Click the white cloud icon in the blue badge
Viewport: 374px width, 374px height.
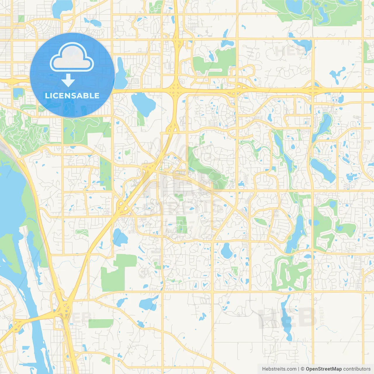click(x=72, y=58)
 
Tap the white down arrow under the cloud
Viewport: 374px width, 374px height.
click(x=68, y=80)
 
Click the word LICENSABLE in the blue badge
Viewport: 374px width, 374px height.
click(x=72, y=96)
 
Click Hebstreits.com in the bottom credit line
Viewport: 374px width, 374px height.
click(x=279, y=369)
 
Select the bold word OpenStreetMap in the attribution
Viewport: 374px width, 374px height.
click(x=324, y=369)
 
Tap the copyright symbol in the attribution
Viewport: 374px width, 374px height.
click(x=303, y=369)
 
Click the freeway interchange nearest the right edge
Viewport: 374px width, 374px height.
click(x=312, y=89)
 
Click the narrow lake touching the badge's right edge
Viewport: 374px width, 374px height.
click(x=120, y=73)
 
